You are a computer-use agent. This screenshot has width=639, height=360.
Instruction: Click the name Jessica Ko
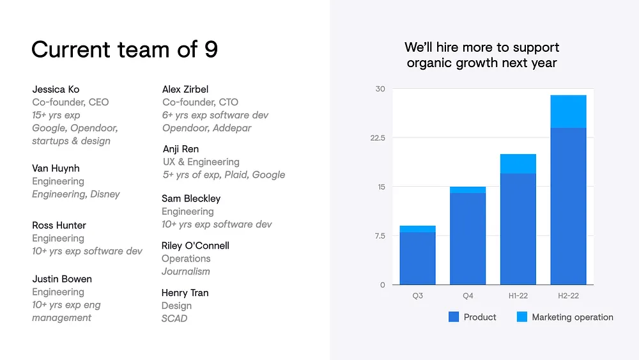coord(56,90)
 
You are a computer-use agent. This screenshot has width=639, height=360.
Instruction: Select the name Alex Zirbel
coord(185,90)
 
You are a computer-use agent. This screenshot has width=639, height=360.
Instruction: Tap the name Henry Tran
coord(185,293)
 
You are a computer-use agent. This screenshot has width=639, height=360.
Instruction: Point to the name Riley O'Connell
coord(195,246)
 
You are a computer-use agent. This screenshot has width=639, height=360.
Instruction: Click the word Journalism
coord(186,272)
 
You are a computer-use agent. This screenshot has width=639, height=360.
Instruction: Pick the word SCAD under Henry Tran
coord(174,318)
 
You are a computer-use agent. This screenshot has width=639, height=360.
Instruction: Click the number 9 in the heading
coord(211,49)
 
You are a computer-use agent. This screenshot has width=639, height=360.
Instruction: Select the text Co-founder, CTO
coord(200,102)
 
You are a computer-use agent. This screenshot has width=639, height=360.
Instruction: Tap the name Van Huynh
coord(56,168)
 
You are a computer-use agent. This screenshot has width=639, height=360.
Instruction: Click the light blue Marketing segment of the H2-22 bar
coord(568,112)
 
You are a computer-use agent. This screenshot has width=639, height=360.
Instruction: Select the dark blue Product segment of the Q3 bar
coord(417,258)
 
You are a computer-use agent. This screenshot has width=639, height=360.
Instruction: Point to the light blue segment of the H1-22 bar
coord(518,164)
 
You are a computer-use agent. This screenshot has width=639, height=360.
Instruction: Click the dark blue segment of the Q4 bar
coord(468,239)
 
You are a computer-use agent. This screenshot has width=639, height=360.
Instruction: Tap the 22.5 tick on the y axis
coord(378,138)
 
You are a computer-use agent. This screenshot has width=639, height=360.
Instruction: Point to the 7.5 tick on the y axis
coord(380,236)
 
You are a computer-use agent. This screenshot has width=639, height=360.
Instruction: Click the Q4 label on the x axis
coord(468,295)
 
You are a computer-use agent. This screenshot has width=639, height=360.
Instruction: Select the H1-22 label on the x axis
coord(518,295)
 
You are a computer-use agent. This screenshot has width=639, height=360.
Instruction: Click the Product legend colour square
coord(454,317)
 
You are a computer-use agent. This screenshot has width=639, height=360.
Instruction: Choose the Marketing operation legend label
coord(573,317)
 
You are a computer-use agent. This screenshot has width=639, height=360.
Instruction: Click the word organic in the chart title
coord(429,63)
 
